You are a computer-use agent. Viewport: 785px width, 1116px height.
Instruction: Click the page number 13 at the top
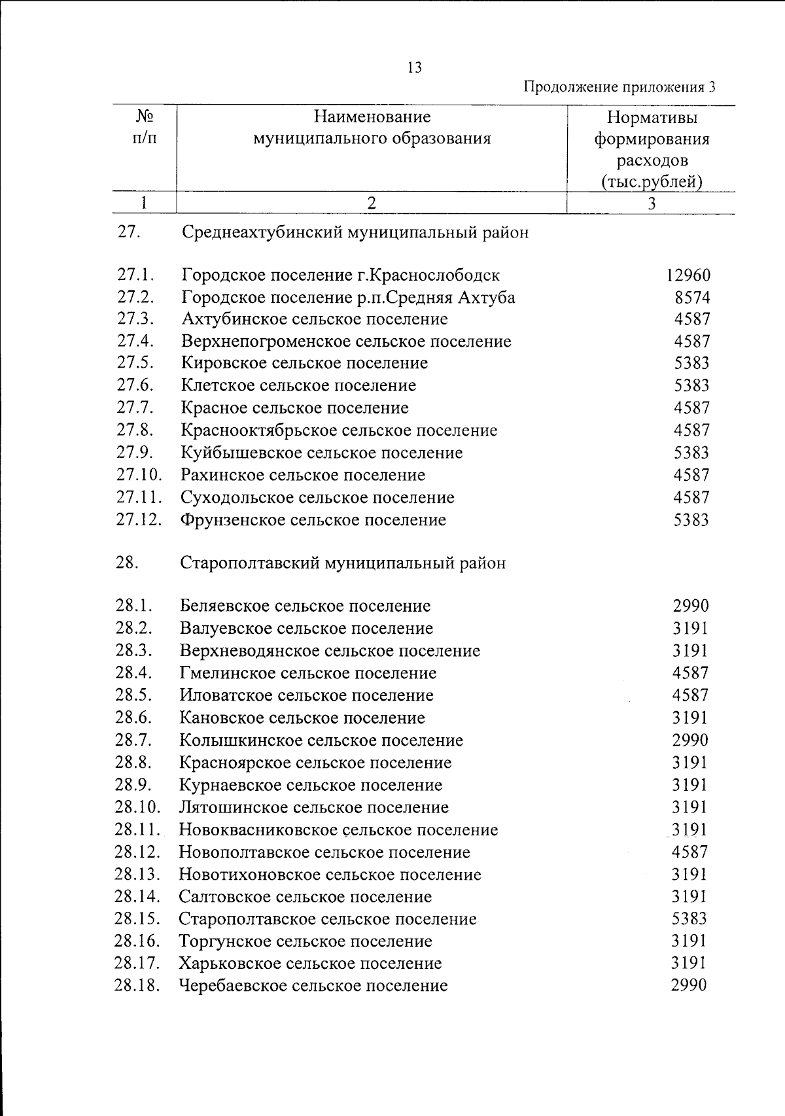pos(414,68)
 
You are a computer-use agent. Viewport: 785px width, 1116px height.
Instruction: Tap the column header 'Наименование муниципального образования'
pos(372,128)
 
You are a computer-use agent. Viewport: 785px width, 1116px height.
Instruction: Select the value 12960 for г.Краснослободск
pos(688,275)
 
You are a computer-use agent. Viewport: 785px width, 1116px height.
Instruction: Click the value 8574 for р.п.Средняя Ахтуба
pos(692,298)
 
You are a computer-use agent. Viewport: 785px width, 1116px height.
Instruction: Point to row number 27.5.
pos(135,362)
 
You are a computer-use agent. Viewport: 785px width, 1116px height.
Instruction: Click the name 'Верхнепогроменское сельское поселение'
pos(346,341)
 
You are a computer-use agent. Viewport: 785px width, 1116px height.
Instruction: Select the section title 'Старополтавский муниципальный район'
pos(343,563)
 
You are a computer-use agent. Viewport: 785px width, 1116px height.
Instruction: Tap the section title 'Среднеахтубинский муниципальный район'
pos(355,233)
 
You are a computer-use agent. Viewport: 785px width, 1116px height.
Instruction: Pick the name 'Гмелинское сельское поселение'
pos(308,673)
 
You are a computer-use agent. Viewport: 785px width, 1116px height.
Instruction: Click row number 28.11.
pos(138,830)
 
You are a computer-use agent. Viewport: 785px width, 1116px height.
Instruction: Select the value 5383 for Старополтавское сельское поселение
pos(689,919)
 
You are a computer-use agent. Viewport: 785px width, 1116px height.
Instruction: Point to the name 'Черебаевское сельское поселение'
pos(313,986)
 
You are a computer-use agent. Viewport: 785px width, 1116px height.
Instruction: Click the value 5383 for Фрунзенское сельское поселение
pos(691,521)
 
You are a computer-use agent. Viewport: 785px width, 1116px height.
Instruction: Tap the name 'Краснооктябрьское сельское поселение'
pos(339,430)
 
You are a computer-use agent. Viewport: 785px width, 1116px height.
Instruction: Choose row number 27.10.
pos(139,475)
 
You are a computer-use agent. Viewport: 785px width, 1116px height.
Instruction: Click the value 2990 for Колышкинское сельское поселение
pos(690,741)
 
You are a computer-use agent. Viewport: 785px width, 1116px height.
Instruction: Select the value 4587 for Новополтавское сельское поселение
pos(690,852)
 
